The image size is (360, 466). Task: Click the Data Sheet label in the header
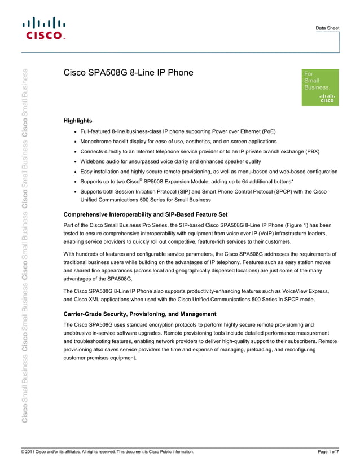pyautogui.click(x=327, y=27)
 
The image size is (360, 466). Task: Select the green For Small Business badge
pyautogui.click(x=321, y=87)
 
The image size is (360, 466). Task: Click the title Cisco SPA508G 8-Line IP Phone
pyautogui.click(x=128, y=73)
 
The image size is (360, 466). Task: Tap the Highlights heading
pyautogui.click(x=78, y=121)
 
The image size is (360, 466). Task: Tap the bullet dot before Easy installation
pyautogui.click(x=76, y=172)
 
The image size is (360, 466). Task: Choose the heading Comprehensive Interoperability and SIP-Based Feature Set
pyautogui.click(x=146, y=214)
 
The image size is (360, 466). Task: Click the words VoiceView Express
pyautogui.click(x=308, y=291)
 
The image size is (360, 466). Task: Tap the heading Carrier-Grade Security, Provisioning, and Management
pyautogui.click(x=140, y=314)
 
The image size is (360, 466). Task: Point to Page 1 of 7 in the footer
pyautogui.click(x=328, y=452)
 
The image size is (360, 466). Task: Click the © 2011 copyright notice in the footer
pyautogui.click(x=107, y=452)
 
